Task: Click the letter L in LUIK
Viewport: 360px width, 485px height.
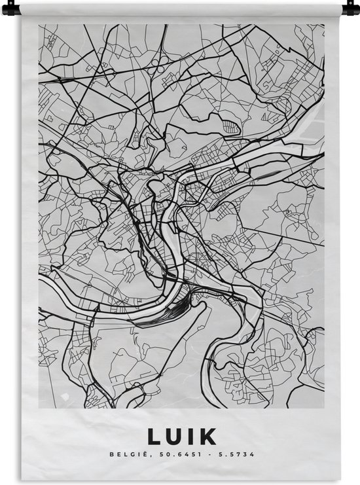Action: click(155, 437)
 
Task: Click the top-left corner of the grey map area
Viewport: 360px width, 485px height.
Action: click(39, 25)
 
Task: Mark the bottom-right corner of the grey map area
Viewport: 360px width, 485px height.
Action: click(324, 409)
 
